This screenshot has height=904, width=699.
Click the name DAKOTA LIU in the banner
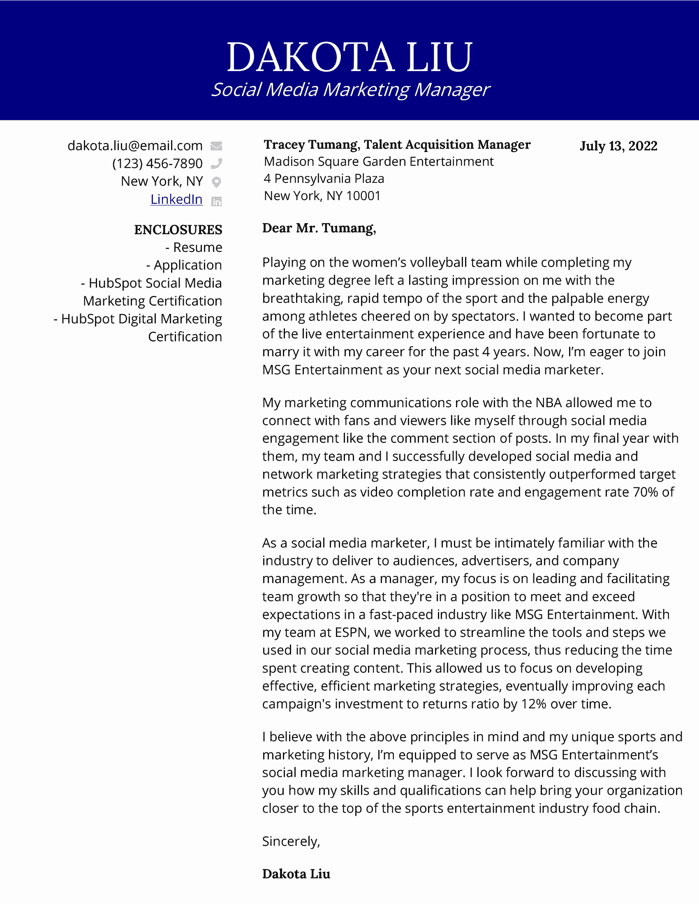coord(349,57)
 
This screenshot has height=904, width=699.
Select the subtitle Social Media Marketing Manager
coord(350,90)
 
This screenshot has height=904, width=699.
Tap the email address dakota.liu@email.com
coord(135,146)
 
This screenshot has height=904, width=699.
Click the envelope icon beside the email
coord(216,146)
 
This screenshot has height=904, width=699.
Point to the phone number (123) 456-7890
coord(157,164)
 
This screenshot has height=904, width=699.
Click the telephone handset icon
coord(216,164)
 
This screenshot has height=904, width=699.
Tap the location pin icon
coord(216,182)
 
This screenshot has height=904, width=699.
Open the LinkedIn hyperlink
coord(176,200)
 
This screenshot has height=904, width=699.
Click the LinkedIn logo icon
coord(216,201)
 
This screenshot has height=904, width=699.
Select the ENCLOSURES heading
coord(178,230)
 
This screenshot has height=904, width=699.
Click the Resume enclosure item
coord(194,247)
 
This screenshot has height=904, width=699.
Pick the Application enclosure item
coord(184,265)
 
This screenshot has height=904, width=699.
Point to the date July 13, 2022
coord(618,146)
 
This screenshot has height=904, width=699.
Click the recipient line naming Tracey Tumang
coord(397,145)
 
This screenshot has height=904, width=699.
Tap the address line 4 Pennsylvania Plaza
coord(324,178)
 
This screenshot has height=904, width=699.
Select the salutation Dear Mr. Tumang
coord(319,228)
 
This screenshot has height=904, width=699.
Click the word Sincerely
coord(291,842)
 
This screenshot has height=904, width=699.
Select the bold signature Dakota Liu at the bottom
coord(296,874)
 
